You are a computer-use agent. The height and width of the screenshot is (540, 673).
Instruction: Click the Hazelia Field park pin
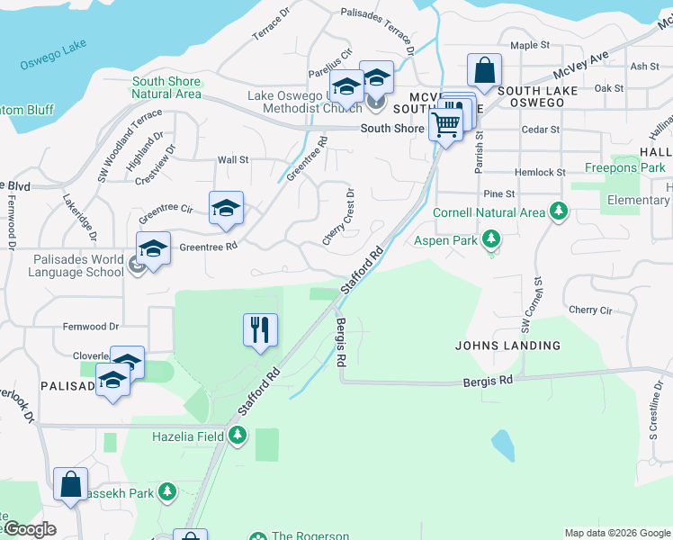click(238, 436)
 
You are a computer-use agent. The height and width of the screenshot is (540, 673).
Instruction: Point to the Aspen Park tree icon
click(490, 240)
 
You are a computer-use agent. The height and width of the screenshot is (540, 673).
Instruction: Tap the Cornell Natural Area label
click(489, 212)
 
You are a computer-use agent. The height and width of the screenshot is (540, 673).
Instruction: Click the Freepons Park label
click(624, 167)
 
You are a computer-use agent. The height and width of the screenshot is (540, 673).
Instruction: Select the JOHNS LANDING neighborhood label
click(507, 346)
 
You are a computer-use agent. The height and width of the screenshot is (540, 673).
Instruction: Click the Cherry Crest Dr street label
click(338, 217)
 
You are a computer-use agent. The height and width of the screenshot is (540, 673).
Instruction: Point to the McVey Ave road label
click(581, 62)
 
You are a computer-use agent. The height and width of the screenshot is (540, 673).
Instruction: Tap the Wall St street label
click(232, 160)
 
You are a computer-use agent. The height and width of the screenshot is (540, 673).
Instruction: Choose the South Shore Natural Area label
click(166, 87)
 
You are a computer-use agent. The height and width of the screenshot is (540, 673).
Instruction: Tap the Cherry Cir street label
click(590, 310)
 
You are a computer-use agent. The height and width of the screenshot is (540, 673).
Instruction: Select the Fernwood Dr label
click(91, 327)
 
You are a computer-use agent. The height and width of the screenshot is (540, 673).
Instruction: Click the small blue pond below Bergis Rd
click(503, 444)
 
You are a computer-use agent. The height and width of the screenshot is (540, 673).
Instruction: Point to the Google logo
click(29, 529)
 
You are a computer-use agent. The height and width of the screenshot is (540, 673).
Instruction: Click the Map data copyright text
click(616, 533)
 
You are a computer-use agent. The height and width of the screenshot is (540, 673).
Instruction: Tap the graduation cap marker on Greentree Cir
click(226, 208)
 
